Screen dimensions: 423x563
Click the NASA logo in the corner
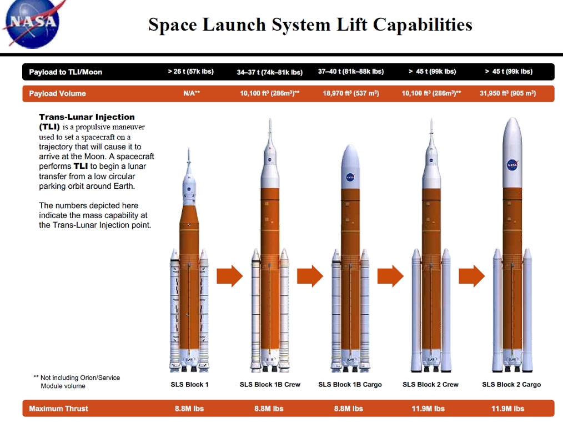[32, 22]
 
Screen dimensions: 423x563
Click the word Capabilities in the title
[423, 25]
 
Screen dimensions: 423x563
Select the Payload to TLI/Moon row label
[66, 72]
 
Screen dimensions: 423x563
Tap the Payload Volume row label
[57, 93]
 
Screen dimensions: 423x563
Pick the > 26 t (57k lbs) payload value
[190, 72]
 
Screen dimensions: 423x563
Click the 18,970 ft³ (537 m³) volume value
[350, 93]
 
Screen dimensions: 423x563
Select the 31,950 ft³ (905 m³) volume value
[507, 93]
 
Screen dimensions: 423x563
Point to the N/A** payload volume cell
[191, 93]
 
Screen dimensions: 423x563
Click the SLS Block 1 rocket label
[189, 384]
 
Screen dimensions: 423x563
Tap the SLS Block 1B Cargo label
[350, 384]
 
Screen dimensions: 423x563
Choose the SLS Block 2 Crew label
[430, 384]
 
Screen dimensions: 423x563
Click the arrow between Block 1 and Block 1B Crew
[229, 276]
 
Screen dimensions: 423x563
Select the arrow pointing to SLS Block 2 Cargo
[471, 276]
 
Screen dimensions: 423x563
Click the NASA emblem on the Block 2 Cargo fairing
[512, 165]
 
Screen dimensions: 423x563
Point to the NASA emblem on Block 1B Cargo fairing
[350, 178]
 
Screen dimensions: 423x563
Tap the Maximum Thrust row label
[58, 409]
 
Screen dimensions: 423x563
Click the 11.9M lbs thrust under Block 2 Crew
[430, 409]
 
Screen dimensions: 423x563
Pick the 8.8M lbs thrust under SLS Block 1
[189, 409]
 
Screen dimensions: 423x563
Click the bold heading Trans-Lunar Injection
[87, 117]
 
